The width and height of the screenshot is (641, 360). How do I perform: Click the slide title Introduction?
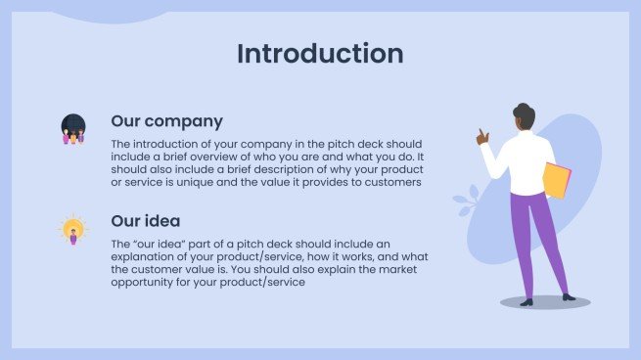[x=320, y=54]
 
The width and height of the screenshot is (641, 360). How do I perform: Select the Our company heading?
[x=166, y=122]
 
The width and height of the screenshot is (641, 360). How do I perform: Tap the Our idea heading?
[x=145, y=221]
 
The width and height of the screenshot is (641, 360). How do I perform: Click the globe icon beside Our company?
[x=73, y=128]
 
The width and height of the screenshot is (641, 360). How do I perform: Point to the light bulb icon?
[x=72, y=230]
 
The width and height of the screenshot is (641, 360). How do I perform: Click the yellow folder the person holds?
[x=557, y=181]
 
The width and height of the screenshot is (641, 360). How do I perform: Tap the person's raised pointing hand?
[x=481, y=138]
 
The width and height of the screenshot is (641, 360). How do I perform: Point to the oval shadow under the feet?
[x=544, y=303]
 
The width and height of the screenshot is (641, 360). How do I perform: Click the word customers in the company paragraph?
[x=389, y=182]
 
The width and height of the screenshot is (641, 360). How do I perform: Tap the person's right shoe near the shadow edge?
[x=569, y=296]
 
